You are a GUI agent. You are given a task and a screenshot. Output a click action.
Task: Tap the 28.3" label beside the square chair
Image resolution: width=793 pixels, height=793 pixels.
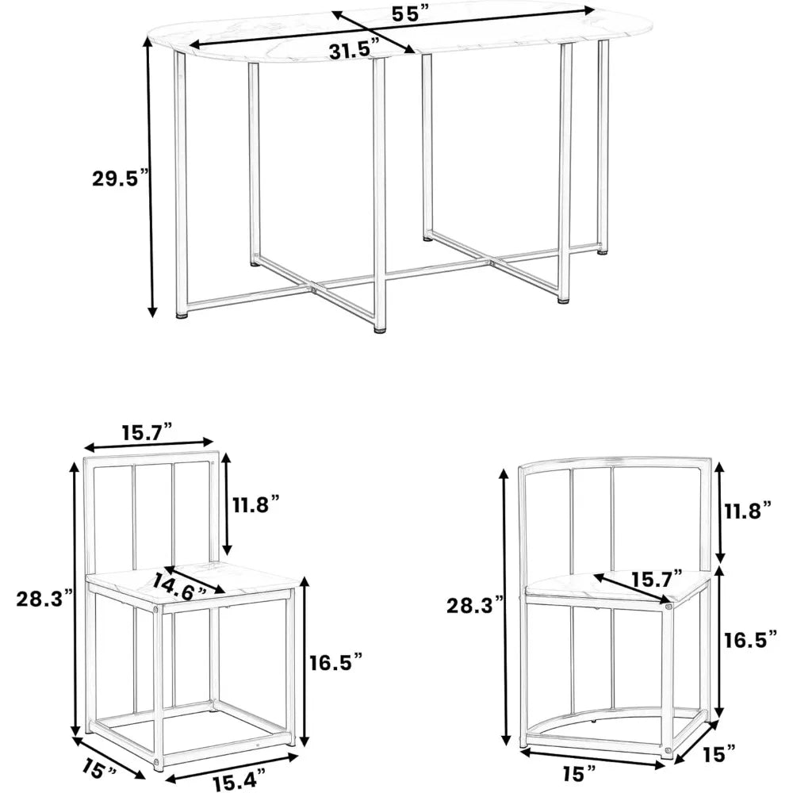43,598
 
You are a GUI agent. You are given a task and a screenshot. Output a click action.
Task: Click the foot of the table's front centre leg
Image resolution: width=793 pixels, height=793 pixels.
380,328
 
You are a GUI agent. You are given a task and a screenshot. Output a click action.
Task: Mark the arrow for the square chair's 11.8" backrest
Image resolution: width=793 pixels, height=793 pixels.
228,504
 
